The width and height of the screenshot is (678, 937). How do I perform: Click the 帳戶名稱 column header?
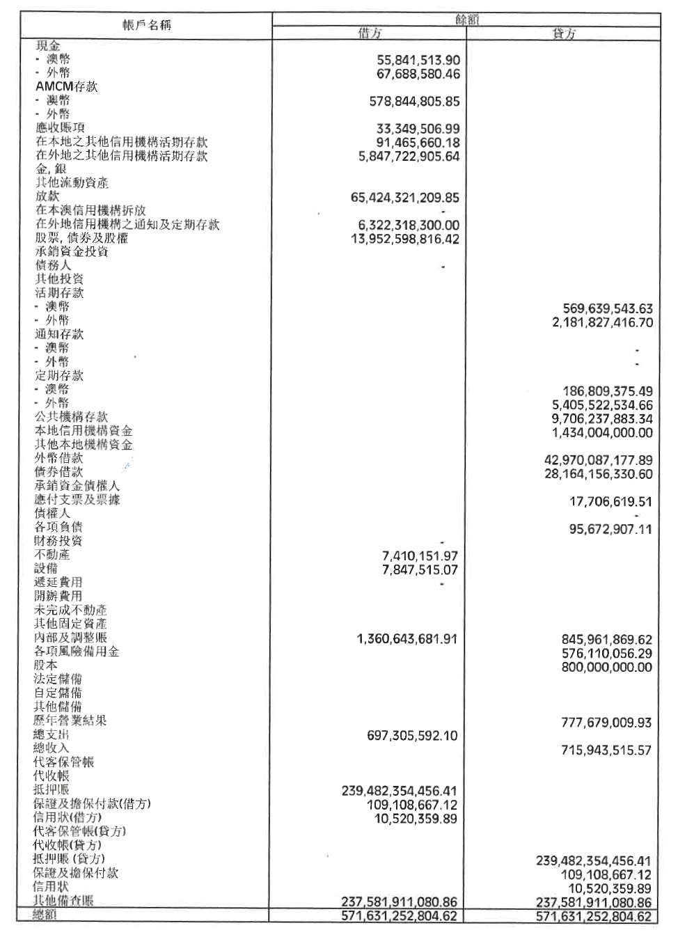click(x=147, y=25)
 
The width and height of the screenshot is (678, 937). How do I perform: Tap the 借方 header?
click(x=370, y=33)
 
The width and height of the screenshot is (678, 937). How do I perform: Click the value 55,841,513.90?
click(x=418, y=61)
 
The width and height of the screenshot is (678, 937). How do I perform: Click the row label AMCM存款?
click(x=67, y=86)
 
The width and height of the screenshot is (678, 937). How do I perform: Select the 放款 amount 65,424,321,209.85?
click(x=405, y=198)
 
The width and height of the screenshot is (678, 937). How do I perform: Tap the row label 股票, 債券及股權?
click(x=81, y=239)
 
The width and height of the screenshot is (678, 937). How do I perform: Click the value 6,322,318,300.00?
click(x=409, y=226)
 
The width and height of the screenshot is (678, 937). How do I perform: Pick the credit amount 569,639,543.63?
click(x=608, y=308)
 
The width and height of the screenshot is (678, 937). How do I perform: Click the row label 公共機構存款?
click(x=71, y=416)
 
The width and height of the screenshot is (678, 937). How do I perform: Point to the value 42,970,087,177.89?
click(x=598, y=460)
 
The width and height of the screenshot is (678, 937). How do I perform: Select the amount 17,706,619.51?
click(x=610, y=501)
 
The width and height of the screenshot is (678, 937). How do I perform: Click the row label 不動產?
click(x=52, y=555)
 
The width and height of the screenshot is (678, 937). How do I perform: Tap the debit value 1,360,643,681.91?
click(x=407, y=639)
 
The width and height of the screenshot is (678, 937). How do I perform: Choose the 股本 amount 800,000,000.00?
click(x=606, y=667)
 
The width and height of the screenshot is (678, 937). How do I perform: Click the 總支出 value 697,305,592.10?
click(x=412, y=736)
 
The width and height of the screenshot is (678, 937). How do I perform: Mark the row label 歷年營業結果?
click(x=70, y=721)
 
